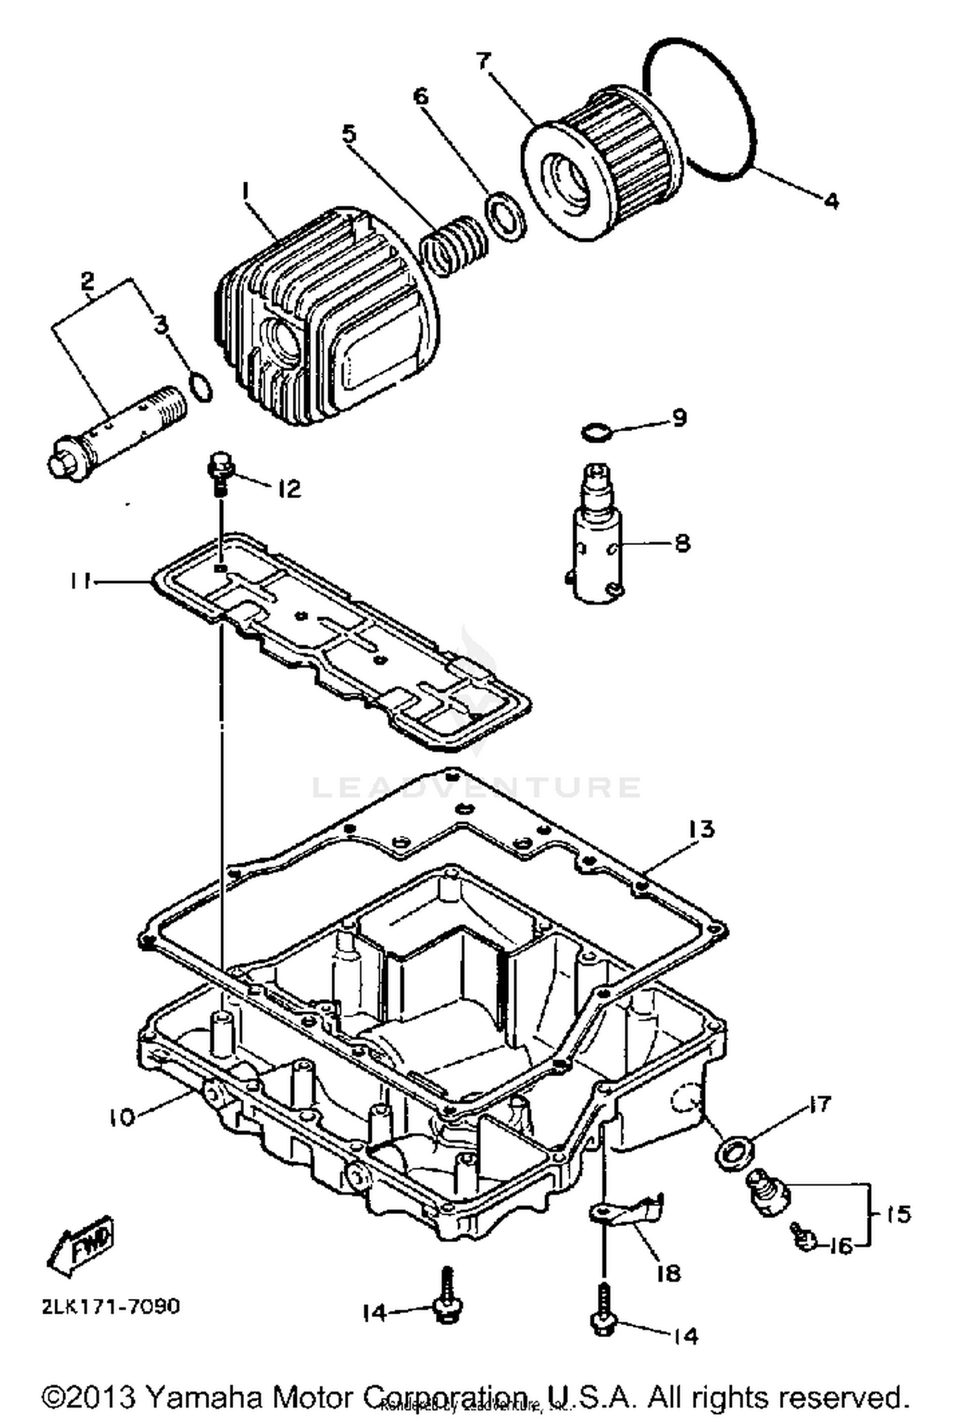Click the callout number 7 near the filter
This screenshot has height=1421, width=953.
pyautogui.click(x=483, y=62)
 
